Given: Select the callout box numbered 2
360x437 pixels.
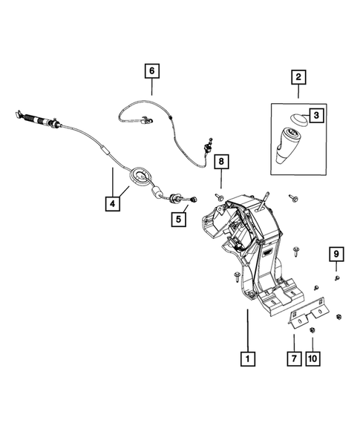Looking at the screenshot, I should pyautogui.click(x=298, y=76).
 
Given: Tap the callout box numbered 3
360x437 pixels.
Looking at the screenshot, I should pyautogui.click(x=316, y=115).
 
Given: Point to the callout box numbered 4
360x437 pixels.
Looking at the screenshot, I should pyautogui.click(x=112, y=200).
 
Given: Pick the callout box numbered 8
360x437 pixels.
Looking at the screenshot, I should pyautogui.click(x=221, y=160).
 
